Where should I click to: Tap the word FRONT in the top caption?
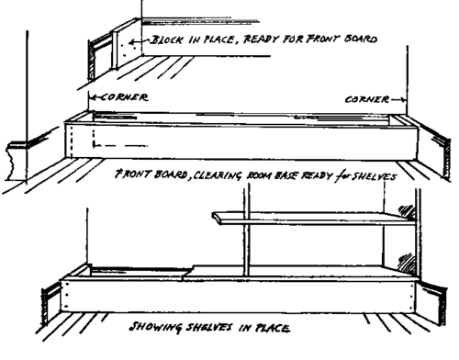[x=323, y=39]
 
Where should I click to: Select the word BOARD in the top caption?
[x=361, y=39]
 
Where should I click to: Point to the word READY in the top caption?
[x=261, y=39]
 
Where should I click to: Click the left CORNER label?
[x=124, y=97]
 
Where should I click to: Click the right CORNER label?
[x=367, y=99]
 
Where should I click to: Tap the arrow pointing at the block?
[x=140, y=41]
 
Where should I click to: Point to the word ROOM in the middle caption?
[x=258, y=176]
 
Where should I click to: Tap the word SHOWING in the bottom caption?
[x=155, y=327]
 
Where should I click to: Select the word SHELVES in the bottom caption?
[x=209, y=327]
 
